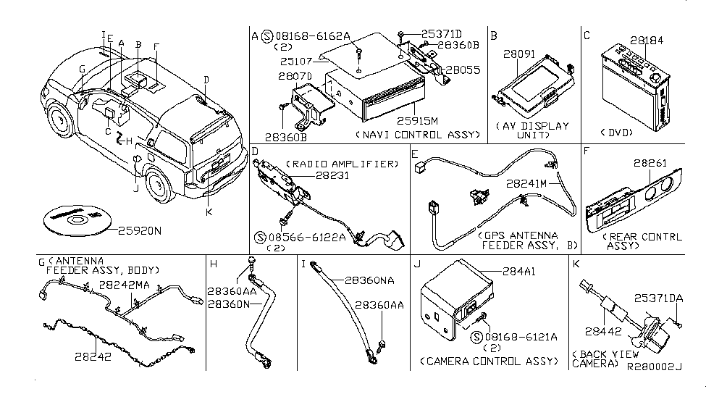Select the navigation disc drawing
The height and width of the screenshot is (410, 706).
pyautogui.click(x=72, y=218)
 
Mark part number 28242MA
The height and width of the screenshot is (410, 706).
pyautogui.click(x=125, y=285)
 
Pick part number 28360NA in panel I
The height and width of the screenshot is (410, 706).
pyautogui.click(x=369, y=278)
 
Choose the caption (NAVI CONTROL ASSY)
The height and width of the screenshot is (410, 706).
pyautogui.click(x=419, y=135)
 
